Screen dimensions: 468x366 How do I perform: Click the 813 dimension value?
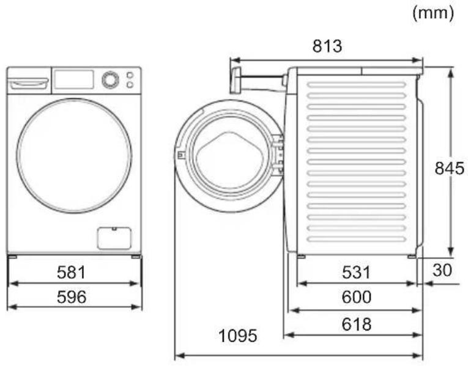[327, 46]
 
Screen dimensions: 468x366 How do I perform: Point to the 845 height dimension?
[449, 169]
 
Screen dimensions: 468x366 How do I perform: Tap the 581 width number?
[72, 273]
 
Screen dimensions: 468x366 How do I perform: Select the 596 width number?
[72, 297]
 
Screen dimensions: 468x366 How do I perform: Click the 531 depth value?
[356, 273]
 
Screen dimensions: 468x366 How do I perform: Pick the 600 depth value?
[357, 297]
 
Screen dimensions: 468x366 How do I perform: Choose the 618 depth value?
[357, 324]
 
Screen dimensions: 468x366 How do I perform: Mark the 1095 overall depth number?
[237, 336]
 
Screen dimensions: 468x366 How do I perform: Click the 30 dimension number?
[442, 270]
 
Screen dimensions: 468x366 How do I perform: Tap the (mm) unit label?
[433, 13]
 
